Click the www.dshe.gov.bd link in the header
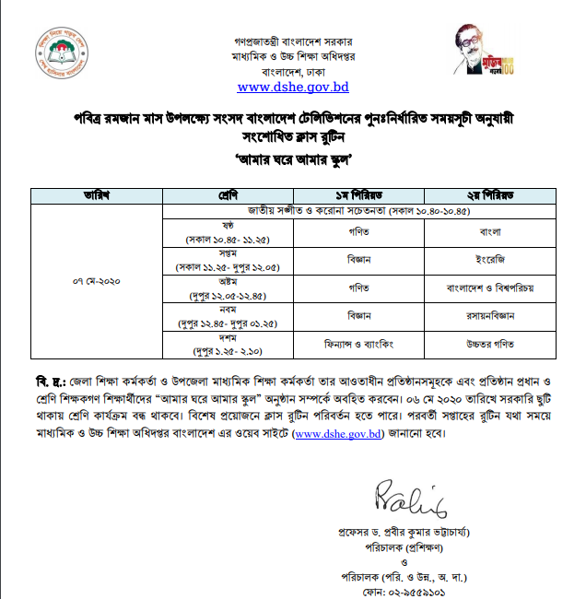(x=293, y=88)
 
